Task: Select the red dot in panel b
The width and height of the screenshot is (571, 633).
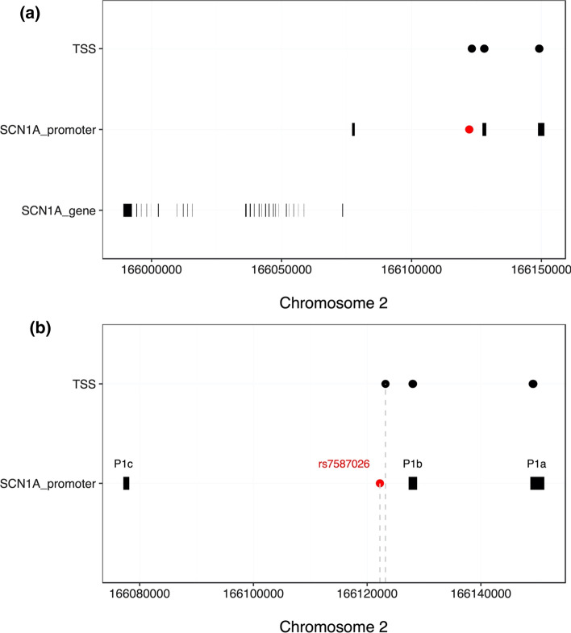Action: tap(380, 484)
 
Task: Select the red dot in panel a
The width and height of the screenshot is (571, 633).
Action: tap(469, 129)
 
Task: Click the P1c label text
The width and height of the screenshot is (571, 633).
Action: tap(123, 464)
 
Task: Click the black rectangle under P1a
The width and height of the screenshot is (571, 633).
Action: tap(537, 483)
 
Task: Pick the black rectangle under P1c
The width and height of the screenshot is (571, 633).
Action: tap(126, 483)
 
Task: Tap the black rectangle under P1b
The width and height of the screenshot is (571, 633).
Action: tap(413, 483)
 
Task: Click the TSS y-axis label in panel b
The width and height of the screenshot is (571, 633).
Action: tap(84, 384)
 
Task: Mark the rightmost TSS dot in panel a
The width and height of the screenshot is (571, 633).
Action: tap(540, 48)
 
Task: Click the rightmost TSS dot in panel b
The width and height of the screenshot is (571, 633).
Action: tap(533, 384)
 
